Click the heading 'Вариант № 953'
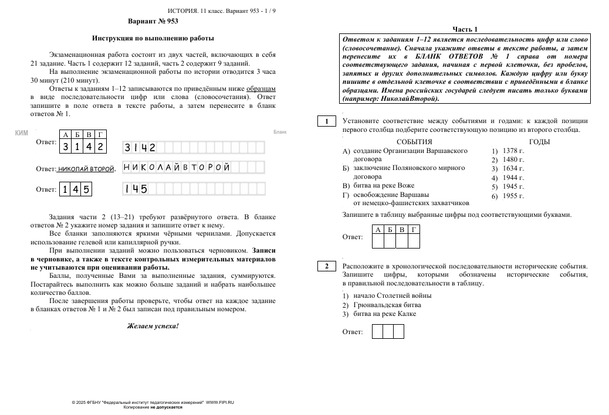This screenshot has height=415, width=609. [x=153, y=21]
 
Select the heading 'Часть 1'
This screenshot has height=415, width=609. [x=465, y=29]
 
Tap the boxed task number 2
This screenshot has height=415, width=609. [x=326, y=267]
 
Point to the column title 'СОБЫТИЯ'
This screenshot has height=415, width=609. [x=414, y=142]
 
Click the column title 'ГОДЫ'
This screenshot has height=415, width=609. [x=539, y=142]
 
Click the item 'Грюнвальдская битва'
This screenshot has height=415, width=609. [x=387, y=305]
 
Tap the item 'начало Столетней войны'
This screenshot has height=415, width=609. [x=393, y=295]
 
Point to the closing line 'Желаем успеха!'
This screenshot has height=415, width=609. [x=153, y=326]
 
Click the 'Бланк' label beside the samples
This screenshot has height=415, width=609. [x=280, y=132]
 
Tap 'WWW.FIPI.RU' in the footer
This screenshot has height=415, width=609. [x=220, y=402]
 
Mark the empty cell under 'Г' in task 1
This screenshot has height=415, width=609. [x=414, y=241]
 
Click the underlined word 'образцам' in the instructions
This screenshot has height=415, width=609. [x=261, y=89]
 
